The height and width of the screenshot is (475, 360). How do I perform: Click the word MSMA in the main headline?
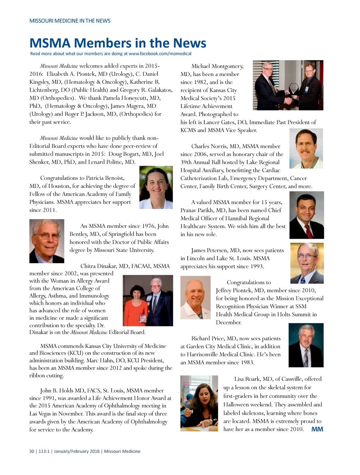tap(50, 43)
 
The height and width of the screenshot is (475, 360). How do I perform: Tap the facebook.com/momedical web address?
tap(160, 54)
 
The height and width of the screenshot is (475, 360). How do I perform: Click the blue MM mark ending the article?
tap(317, 429)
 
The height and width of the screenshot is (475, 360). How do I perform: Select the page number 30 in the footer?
tap(32, 451)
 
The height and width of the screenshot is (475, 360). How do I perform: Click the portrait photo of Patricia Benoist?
tap(156, 187)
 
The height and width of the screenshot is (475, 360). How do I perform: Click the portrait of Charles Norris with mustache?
tap(306, 148)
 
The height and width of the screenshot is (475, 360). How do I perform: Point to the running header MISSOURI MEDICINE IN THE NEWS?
tap(70, 21)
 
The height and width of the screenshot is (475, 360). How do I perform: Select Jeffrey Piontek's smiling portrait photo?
tap(195, 297)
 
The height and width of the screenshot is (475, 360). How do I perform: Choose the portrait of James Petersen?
tap(307, 263)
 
